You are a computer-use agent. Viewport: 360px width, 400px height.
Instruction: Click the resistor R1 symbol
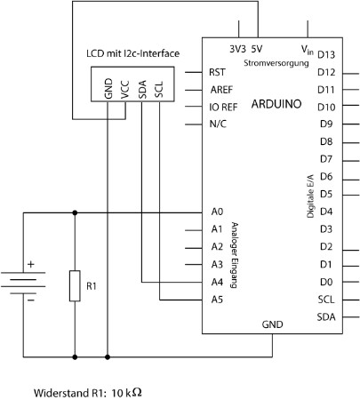[x=75, y=285]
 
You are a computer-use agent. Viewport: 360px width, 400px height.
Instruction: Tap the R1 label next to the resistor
[x=92, y=286]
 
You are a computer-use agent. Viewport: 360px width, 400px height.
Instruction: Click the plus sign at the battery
[x=31, y=264]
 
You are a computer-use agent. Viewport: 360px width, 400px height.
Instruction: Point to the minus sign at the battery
[x=31, y=300]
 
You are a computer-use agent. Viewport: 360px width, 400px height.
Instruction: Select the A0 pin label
[x=217, y=212]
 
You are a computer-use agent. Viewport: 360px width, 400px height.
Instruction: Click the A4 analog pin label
[x=217, y=282]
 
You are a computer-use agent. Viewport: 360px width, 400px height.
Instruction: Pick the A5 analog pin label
[x=217, y=300]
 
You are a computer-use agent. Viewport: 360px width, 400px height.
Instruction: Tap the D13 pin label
[x=326, y=55]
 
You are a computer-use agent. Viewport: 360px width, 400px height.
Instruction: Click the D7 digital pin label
[x=326, y=159]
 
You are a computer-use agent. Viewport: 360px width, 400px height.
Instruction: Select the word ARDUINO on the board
[x=276, y=104]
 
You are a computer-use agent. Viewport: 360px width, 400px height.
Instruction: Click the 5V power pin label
[x=257, y=49]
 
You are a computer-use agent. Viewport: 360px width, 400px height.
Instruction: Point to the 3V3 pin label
[x=237, y=49]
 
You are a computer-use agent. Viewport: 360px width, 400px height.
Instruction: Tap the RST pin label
[x=217, y=72]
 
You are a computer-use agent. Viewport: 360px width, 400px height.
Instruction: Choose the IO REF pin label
[x=223, y=107]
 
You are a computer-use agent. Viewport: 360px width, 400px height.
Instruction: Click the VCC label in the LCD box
[x=125, y=89]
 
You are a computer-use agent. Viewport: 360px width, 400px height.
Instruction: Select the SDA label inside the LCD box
[x=142, y=89]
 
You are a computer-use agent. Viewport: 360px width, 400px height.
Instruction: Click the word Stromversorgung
[x=276, y=63]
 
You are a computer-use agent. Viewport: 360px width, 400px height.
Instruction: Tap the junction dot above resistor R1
[x=75, y=212]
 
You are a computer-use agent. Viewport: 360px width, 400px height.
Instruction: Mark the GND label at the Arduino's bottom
[x=272, y=324]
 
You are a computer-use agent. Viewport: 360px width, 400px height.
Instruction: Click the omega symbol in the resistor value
[x=137, y=393]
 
